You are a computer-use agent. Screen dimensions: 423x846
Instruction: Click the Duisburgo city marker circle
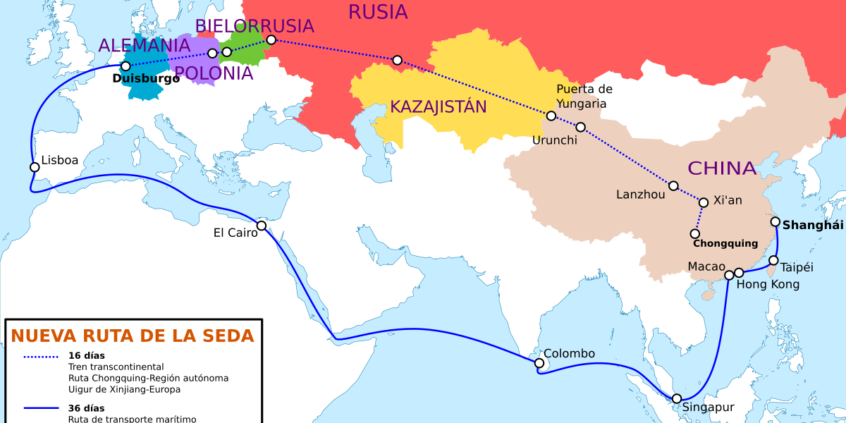pos(125,66)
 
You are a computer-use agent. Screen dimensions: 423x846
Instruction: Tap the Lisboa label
pos(60,160)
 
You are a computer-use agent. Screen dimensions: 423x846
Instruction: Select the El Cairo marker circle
pos(262,226)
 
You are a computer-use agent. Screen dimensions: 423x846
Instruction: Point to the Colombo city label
pos(569,353)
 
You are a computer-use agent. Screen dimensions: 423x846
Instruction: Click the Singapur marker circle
pos(677,398)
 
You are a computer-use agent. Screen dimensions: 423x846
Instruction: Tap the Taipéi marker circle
pos(773,261)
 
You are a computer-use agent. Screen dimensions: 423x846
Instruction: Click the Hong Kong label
pos(768,284)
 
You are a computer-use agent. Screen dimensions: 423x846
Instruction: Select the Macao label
pos(706,266)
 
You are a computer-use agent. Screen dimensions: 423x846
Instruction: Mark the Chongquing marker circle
pos(695,233)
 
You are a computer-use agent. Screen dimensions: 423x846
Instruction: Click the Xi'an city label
pos(729,200)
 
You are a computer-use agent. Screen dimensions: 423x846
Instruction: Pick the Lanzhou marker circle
pos(673,186)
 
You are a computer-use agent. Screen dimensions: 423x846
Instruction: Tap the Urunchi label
pos(555,140)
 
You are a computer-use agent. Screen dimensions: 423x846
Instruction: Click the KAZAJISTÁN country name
pos(439,107)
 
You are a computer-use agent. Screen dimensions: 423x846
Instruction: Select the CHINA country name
pos(721,168)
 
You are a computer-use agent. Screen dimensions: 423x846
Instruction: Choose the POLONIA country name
pos(213,73)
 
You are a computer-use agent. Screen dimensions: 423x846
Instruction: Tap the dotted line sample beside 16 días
pos(42,356)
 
